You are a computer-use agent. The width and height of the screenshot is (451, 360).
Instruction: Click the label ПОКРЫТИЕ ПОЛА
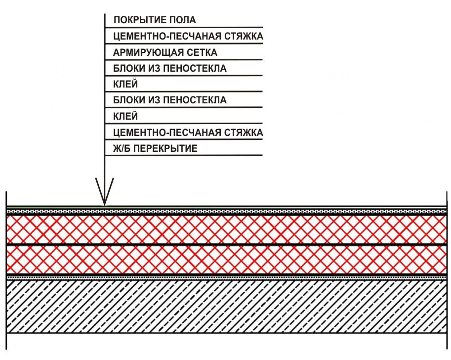click(155, 20)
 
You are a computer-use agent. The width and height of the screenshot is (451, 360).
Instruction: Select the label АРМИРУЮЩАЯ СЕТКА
click(165, 52)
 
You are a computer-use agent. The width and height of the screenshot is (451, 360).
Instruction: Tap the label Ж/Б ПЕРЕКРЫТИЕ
click(155, 148)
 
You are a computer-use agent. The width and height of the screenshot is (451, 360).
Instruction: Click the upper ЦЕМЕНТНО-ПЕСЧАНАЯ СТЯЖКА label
click(188, 37)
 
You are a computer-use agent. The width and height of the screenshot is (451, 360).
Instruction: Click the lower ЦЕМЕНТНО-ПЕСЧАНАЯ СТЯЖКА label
click(188, 133)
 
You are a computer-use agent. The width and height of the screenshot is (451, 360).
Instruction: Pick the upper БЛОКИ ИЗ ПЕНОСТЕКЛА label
click(169, 68)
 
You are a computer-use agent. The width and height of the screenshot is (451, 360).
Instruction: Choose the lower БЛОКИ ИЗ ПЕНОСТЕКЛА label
click(169, 100)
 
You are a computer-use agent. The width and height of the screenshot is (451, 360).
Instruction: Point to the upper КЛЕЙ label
click(125, 85)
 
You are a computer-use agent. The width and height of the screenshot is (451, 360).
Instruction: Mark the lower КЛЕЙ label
click(125, 117)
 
